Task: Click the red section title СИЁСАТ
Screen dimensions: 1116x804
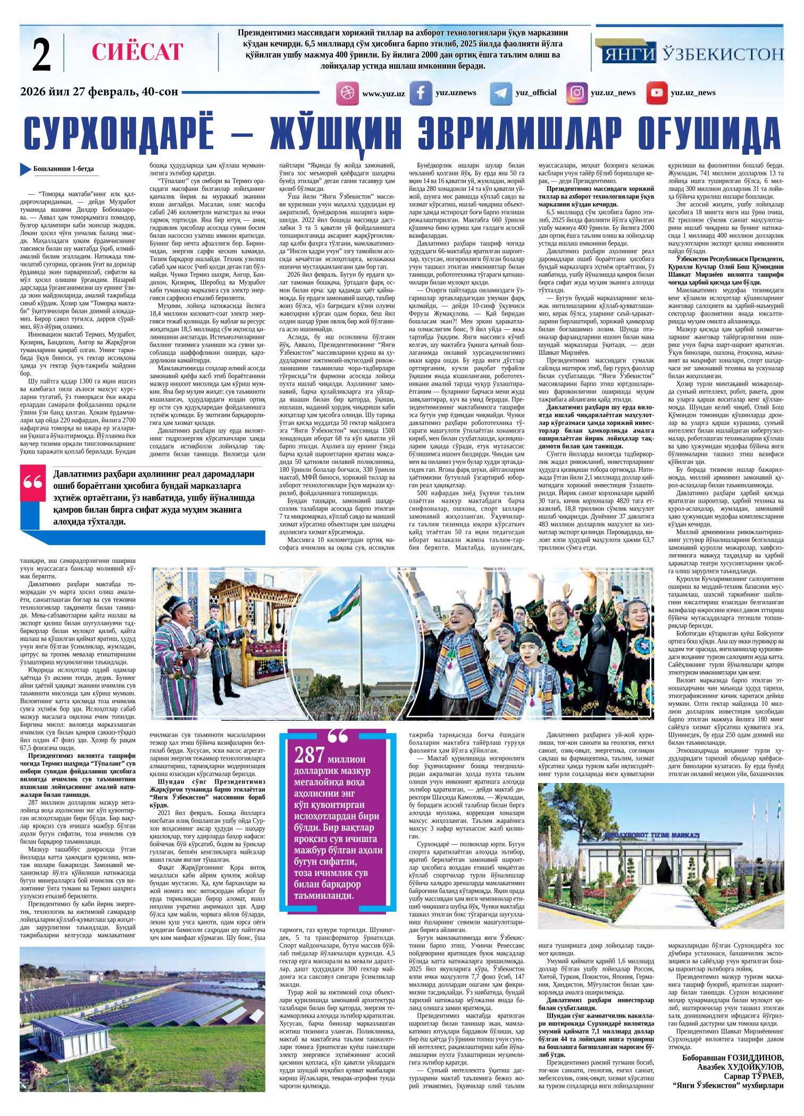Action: point(137,52)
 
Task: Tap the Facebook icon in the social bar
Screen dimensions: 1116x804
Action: point(421,93)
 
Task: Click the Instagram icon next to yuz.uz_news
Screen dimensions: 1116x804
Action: point(576,93)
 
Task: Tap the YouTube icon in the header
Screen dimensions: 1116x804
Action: point(657,93)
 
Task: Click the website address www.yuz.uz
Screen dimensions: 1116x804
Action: point(383,94)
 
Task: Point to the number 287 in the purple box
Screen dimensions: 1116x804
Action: point(310,755)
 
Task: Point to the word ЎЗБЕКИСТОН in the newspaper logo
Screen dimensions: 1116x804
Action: point(724,54)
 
